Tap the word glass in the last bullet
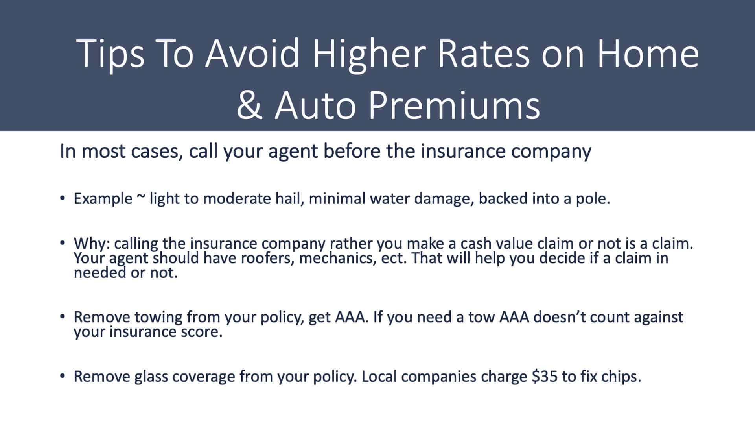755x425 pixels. tap(151, 377)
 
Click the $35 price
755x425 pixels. tap(544, 377)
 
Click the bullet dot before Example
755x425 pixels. tap(62, 198)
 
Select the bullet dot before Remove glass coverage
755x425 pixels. tap(62, 376)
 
